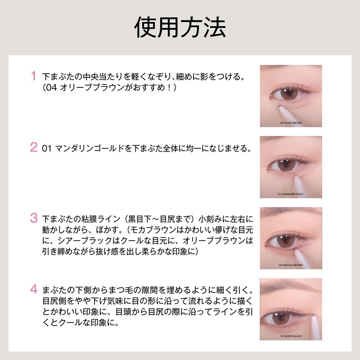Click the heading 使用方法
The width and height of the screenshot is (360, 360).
180,27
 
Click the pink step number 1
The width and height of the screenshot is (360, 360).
33,76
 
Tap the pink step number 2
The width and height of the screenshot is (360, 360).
33,147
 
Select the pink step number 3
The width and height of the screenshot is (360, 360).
33,218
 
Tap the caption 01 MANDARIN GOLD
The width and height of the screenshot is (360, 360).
291,193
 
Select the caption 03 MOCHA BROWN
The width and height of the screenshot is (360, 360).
291,265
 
